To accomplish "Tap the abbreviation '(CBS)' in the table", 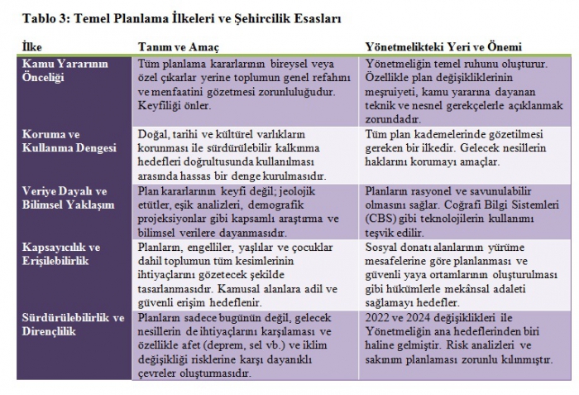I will pyautogui.click(x=381, y=219).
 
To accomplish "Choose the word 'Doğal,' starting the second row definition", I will pyautogui.click(x=154, y=133).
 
